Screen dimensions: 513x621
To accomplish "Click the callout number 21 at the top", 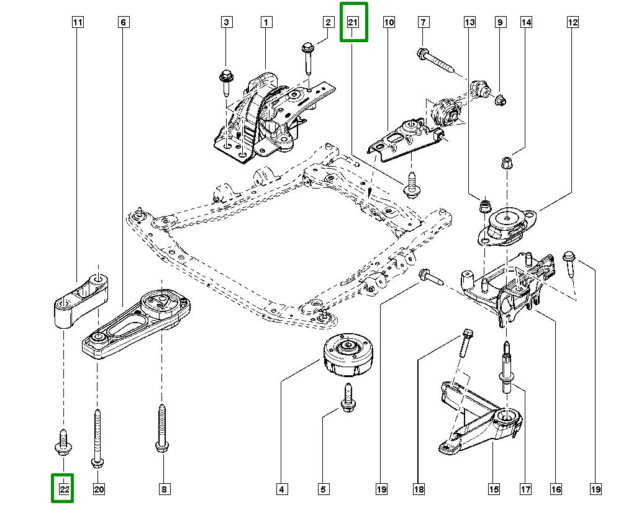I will click(353, 22).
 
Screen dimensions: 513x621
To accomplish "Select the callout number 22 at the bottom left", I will click(63, 489).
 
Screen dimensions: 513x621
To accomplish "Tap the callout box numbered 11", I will click(78, 23).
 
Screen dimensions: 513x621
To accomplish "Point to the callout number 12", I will click(572, 23).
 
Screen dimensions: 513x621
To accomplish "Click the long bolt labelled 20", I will click(97, 437).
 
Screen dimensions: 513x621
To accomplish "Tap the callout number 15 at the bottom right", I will click(494, 489).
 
